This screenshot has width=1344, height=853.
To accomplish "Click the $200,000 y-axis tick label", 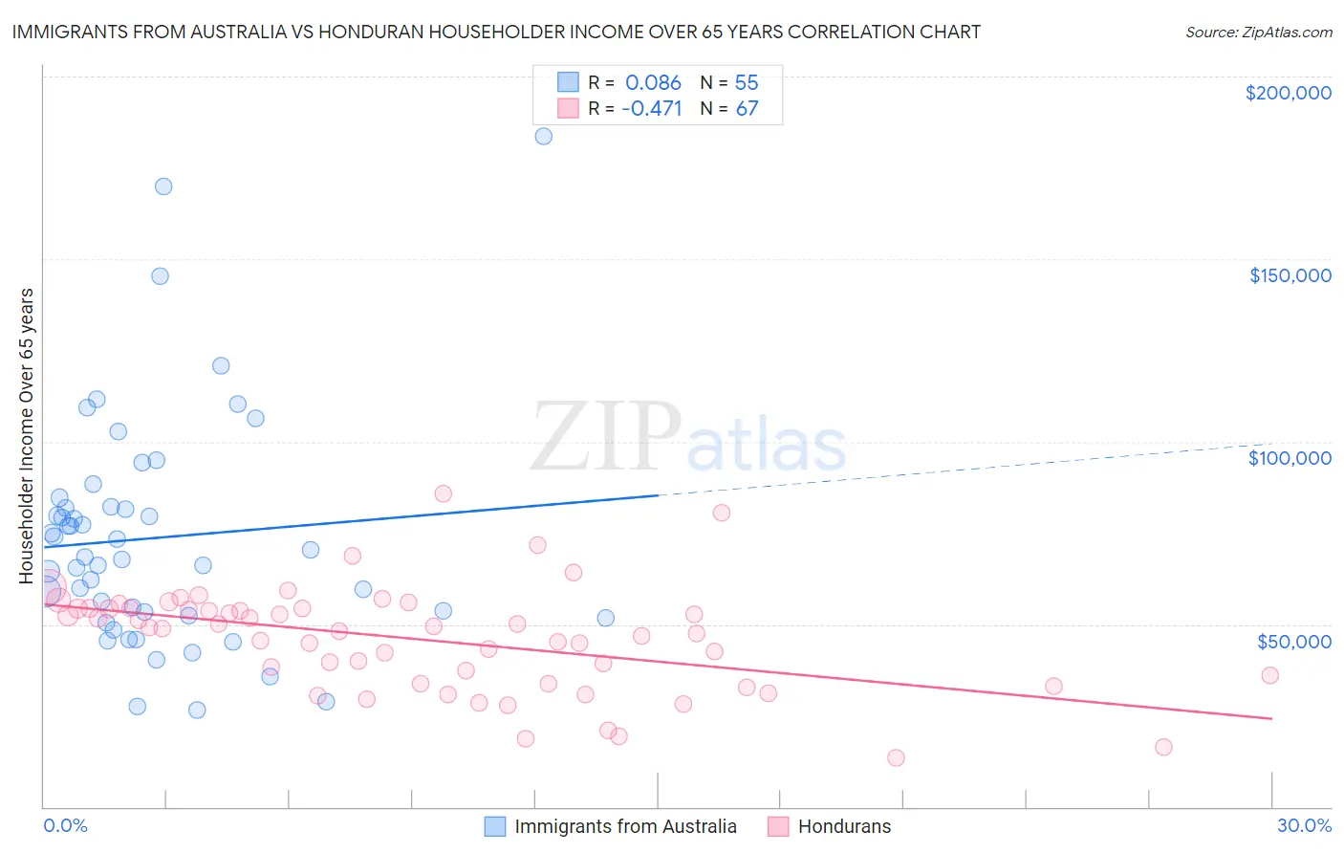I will pyautogui.click(x=1288, y=93).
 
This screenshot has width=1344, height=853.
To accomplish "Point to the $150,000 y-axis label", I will pyautogui.click(x=1290, y=275).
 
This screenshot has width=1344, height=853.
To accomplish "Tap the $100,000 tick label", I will pyautogui.click(x=1290, y=458).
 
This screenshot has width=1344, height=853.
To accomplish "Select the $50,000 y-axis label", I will pyautogui.click(x=1293, y=641).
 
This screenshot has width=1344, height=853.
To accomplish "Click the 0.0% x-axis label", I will pyautogui.click(x=65, y=825).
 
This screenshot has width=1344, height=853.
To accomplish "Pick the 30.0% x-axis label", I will pyautogui.click(x=1304, y=825).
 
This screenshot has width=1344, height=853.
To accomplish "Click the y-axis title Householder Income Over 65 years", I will pyautogui.click(x=27, y=435).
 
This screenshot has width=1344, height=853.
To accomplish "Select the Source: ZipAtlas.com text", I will pyautogui.click(x=1258, y=33).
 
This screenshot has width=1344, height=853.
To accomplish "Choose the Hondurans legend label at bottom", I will pyautogui.click(x=844, y=826).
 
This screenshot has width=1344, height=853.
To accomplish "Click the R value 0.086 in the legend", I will pyautogui.click(x=653, y=82).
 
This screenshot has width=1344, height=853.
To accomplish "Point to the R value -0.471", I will pyautogui.click(x=651, y=108).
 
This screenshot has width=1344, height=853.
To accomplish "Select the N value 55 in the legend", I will pyautogui.click(x=747, y=82).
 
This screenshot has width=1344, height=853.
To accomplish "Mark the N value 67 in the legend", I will pyautogui.click(x=747, y=108).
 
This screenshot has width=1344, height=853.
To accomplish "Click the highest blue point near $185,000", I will pyautogui.click(x=543, y=136).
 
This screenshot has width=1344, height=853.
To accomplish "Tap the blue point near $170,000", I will pyautogui.click(x=163, y=186).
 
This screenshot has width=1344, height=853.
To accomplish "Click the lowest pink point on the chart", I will pyautogui.click(x=896, y=757).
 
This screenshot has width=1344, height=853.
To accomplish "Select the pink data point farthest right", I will pyautogui.click(x=1269, y=675).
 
